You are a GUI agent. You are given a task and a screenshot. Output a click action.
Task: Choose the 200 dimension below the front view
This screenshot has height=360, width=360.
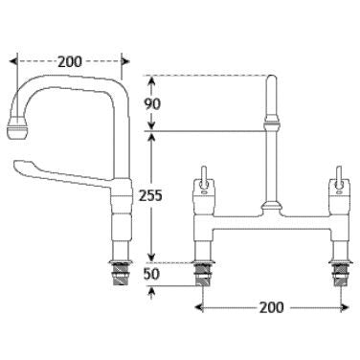tap(271, 308)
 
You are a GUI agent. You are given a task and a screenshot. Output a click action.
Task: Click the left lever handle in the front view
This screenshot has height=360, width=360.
tap(204, 178)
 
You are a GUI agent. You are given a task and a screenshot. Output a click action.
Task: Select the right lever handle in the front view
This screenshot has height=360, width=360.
tap(338, 178)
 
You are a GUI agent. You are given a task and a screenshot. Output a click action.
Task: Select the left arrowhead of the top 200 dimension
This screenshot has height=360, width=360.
tap(12, 59)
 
